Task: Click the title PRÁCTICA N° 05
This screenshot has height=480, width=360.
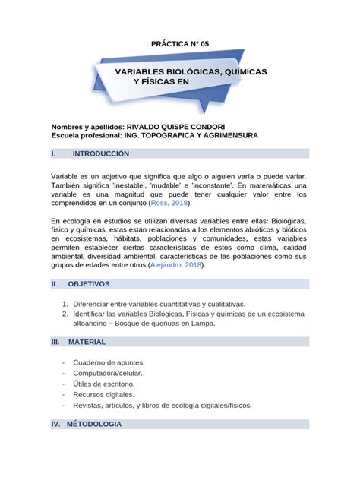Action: (x=179, y=45)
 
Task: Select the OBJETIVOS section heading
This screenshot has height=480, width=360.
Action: (x=89, y=284)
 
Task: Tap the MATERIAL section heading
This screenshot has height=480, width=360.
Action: (x=87, y=343)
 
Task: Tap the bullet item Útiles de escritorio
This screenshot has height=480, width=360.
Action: (x=108, y=384)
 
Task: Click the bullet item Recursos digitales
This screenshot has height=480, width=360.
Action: (x=103, y=395)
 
